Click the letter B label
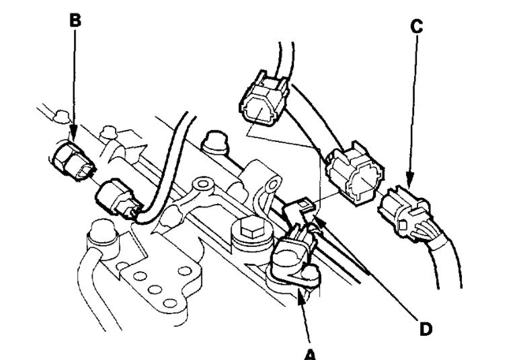point(75,20)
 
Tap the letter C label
point(417,28)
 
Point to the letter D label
point(424,330)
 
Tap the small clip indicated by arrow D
point(297,211)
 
